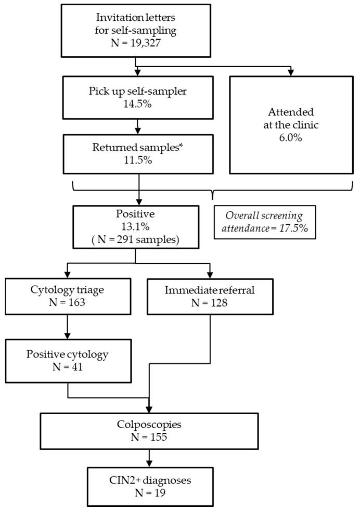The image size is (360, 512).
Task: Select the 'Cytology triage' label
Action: coord(68,290)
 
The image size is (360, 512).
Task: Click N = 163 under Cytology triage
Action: coord(68,303)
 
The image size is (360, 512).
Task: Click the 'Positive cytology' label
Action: coord(68,354)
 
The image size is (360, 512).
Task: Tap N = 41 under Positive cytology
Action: coord(68,367)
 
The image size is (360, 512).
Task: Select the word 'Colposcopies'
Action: coord(149,424)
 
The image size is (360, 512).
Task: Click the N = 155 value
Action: coord(149,437)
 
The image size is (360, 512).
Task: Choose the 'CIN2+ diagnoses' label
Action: coord(149,481)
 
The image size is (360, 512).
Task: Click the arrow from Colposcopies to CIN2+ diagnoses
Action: coord(150,458)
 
